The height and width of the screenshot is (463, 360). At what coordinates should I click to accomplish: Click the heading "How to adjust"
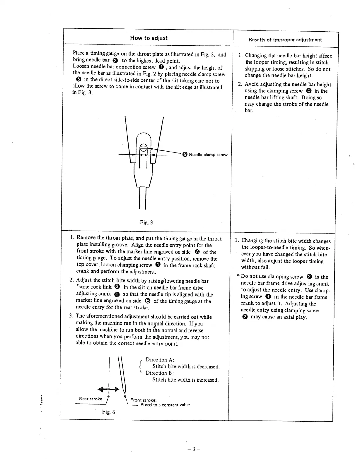click(149, 38)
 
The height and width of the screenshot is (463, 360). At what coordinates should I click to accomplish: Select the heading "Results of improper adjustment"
click(285, 40)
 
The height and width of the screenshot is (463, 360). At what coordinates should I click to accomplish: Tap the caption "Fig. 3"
click(146, 222)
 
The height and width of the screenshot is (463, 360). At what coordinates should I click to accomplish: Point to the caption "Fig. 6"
click(108, 412)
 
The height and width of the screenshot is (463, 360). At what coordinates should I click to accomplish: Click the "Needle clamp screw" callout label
click(208, 155)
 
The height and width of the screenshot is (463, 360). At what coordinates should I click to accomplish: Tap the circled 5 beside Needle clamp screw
click(185, 155)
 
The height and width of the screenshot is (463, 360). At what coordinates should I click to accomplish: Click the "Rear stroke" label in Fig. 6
click(91, 399)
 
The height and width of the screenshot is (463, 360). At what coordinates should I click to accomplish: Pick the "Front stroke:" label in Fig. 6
click(143, 400)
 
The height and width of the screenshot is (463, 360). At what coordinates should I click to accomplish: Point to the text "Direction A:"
click(160, 360)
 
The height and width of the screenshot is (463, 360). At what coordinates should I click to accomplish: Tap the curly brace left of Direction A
click(140, 366)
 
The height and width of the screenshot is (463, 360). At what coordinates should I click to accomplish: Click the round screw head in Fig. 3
click(143, 148)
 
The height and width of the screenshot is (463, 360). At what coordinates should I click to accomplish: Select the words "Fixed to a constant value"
click(165, 405)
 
